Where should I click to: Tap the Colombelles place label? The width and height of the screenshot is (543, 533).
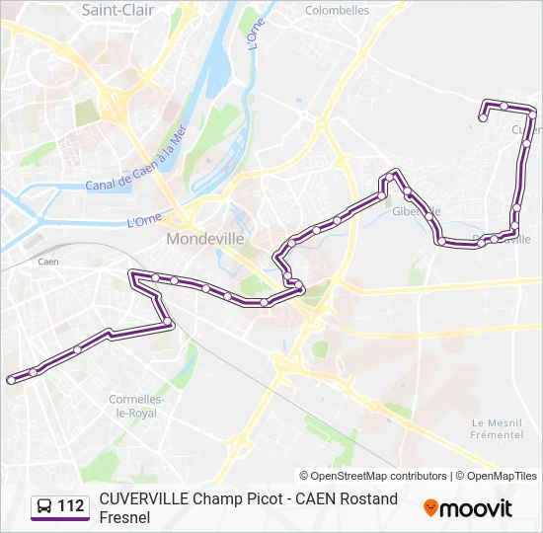[337, 10]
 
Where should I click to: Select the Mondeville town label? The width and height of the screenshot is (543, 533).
[204, 239]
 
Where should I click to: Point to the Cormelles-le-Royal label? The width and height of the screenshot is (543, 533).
[132, 406]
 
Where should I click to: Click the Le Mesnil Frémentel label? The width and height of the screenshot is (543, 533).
[497, 428]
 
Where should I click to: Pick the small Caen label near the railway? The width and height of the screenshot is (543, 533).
[48, 263]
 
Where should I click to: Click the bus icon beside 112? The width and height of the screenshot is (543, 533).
[44, 506]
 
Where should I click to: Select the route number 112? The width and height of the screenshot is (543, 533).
[71, 506]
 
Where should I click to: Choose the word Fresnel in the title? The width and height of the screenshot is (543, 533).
[124, 516]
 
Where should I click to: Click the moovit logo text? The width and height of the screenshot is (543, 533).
[477, 508]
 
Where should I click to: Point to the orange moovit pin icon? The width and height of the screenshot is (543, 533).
[430, 507]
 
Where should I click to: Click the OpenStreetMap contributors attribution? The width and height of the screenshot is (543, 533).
[373, 476]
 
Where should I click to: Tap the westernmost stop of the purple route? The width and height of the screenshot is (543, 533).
[11, 379]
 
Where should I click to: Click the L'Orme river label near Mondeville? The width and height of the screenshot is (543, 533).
[144, 221]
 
